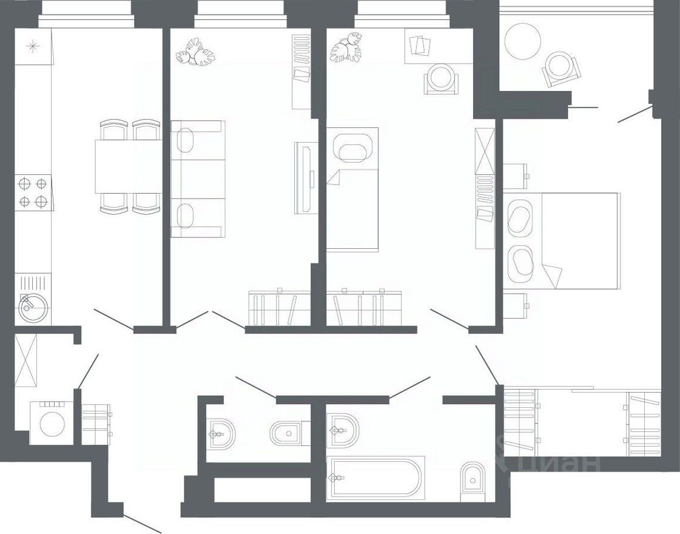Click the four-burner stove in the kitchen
click(x=33, y=192)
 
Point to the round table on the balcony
click(x=522, y=41)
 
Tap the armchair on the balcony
click(x=560, y=69)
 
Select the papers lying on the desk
click(x=419, y=45)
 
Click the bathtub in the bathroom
click(x=374, y=478)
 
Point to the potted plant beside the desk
click(x=346, y=49)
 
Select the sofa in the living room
click(x=197, y=179)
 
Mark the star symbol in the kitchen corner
click(x=33, y=46)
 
